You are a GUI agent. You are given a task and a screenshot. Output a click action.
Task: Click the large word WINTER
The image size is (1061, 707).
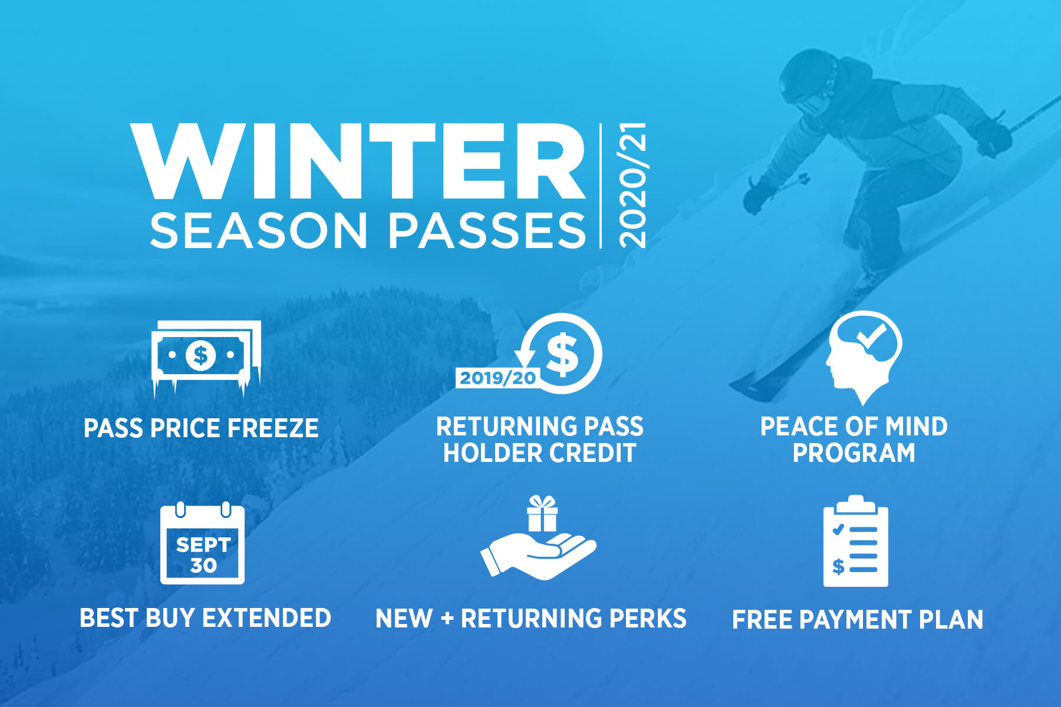coord(358,161)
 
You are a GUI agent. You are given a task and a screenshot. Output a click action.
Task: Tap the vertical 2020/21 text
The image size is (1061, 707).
coord(632,186)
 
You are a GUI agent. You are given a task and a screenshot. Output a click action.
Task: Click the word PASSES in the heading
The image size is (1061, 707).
coord(487,230)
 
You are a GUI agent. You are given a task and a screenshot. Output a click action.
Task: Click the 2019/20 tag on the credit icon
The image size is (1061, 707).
coord(497,378)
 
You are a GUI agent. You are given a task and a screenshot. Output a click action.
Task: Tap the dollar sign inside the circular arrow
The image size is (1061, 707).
coord(562,354)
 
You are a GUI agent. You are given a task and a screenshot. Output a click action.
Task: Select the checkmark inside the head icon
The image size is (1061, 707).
coord(871,336)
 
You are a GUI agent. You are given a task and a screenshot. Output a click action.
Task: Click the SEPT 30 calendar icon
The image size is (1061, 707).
coord(203,543)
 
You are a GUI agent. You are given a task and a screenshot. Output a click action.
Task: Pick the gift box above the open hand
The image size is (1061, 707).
coord(542,513)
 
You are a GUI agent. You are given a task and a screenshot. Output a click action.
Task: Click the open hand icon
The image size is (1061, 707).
coord(538,555)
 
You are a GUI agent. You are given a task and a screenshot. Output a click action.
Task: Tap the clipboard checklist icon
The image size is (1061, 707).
coord(856,541)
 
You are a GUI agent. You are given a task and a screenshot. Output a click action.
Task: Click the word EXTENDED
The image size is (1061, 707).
coord(266,618)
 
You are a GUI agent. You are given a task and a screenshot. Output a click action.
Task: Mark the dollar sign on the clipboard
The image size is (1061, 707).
coord(838,567)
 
